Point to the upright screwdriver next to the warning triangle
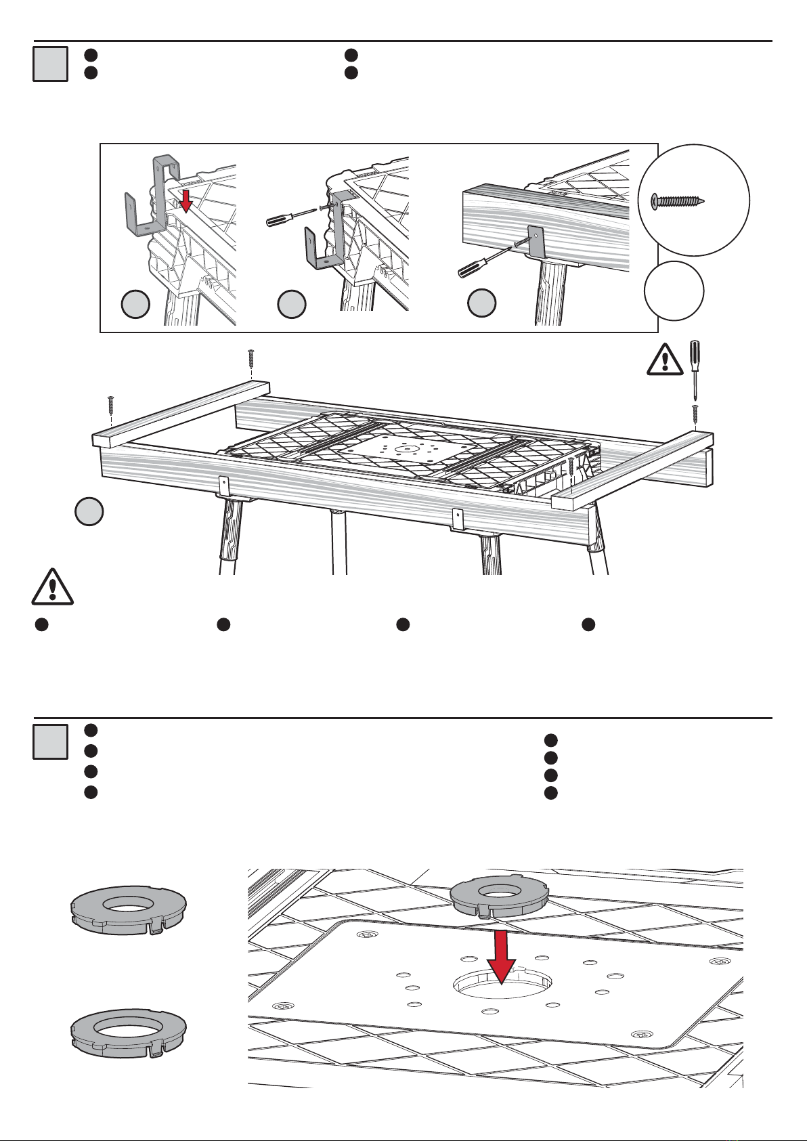tap(694, 369)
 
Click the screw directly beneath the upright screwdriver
tap(695, 415)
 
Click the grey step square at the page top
tap(50, 64)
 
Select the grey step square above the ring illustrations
tap(50, 741)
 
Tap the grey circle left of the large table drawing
tap(89, 511)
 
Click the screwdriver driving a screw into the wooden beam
tap(482, 261)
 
